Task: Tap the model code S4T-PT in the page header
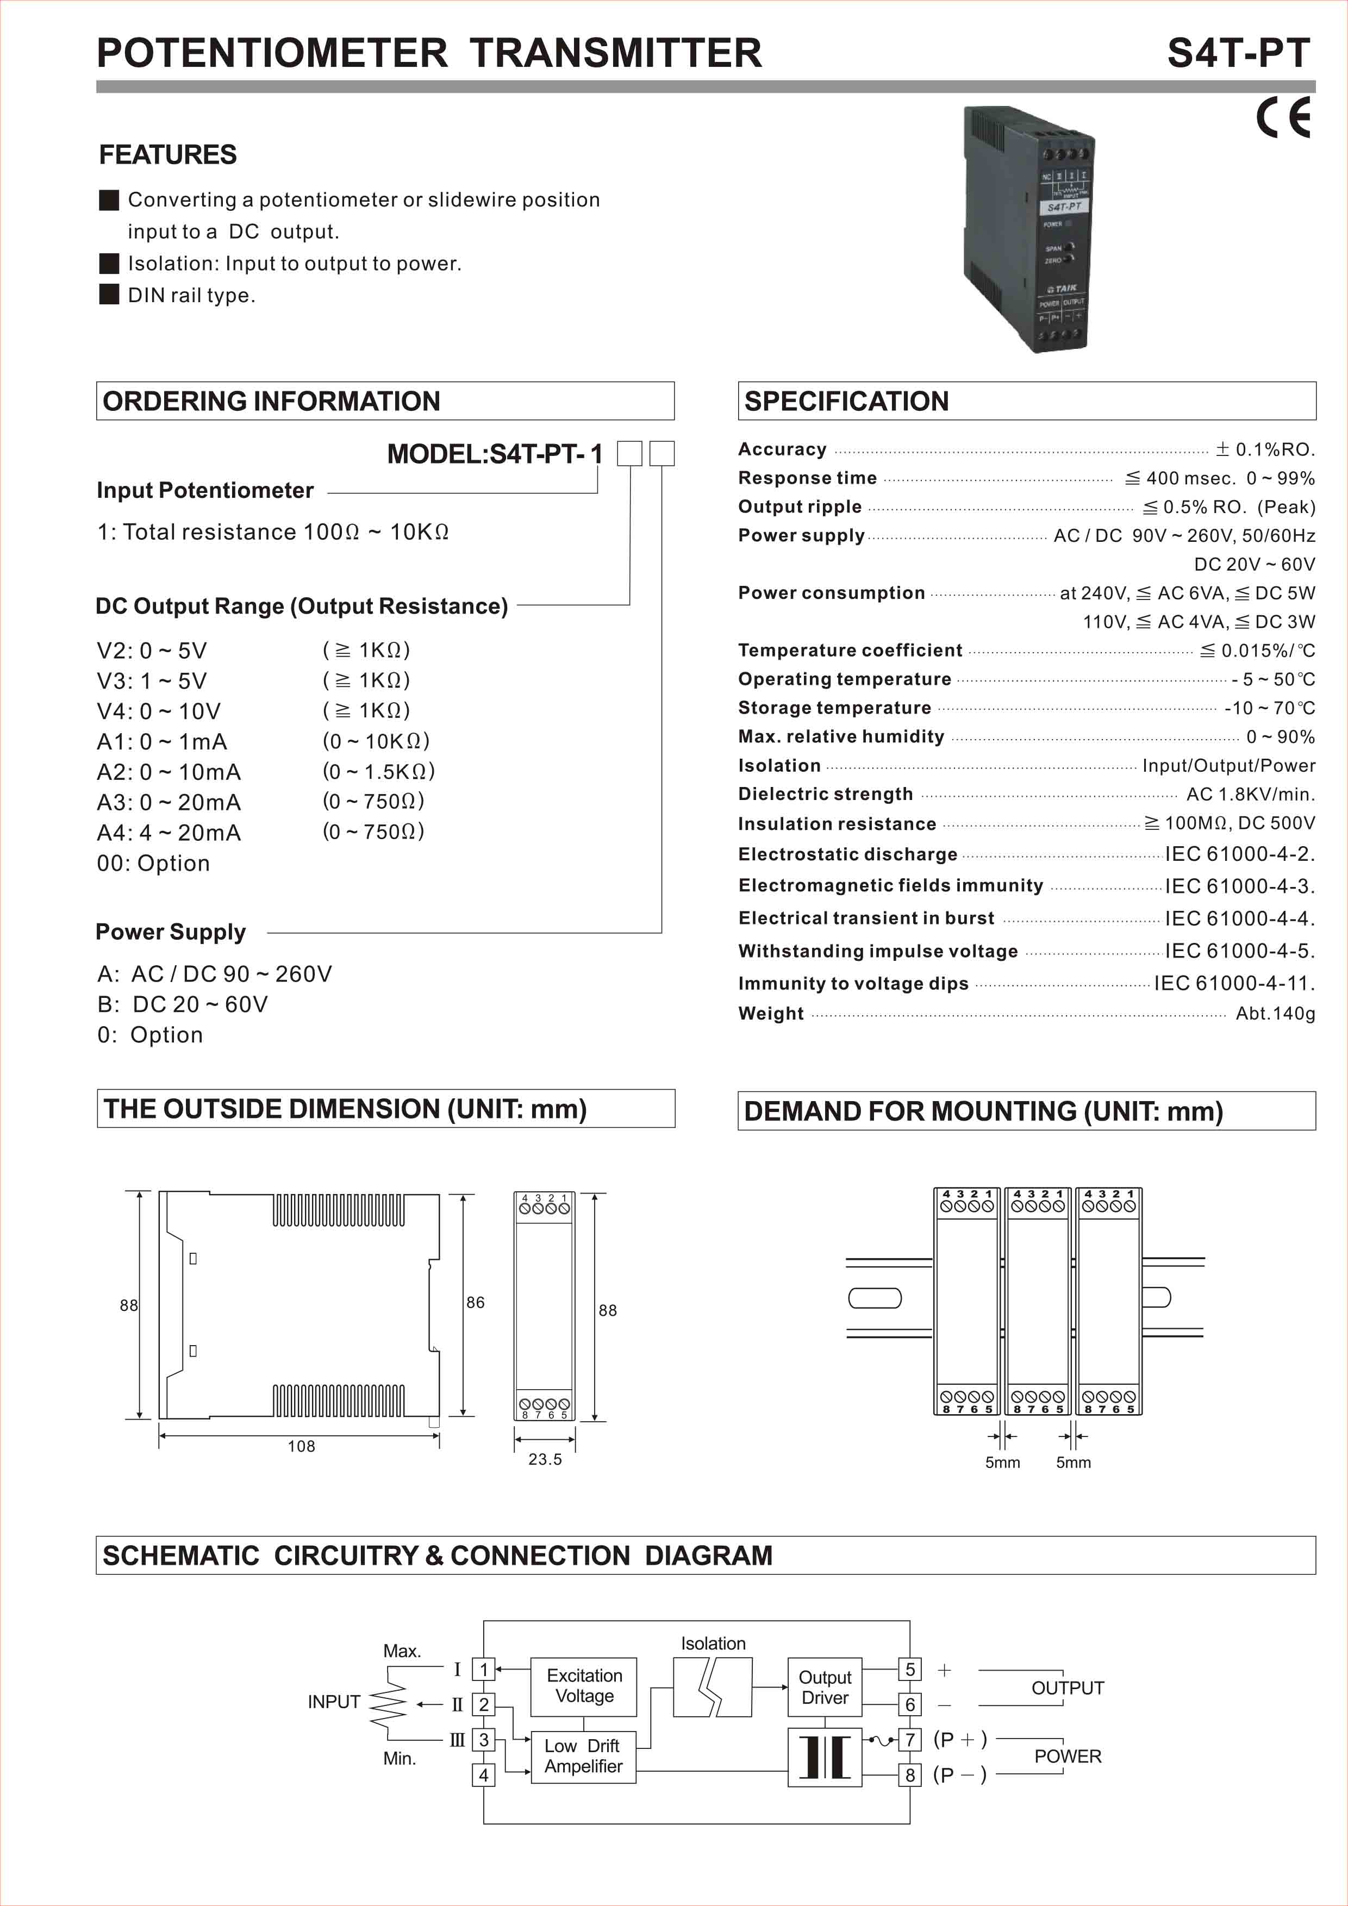[x=1238, y=53]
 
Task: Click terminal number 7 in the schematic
[x=910, y=1739]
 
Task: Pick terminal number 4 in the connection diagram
[x=483, y=1775]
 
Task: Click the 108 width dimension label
[x=301, y=1446]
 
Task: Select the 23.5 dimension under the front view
[x=545, y=1459]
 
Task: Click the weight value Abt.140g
[x=1275, y=1014]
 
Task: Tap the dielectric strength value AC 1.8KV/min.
[x=1250, y=795]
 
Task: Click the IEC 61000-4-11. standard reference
[x=1234, y=984]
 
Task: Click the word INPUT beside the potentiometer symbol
[x=334, y=1702]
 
